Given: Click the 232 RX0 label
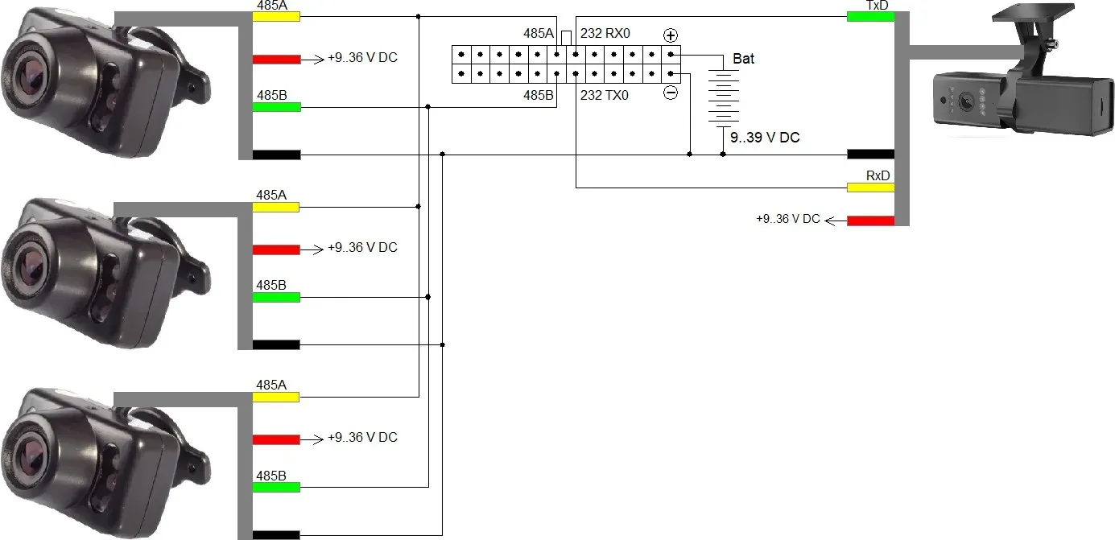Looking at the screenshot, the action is coord(605,33).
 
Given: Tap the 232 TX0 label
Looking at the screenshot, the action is coord(605,95).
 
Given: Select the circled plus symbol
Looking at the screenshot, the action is coord(671,35).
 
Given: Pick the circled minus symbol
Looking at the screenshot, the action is coord(671,93).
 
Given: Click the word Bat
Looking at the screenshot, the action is coord(743,59).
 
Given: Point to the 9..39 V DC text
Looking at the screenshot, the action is coord(765,138).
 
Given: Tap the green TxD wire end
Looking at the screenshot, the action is coord(870,16).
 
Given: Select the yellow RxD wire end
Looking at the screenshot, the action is coord(870,188).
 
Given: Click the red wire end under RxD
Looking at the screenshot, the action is coord(870,221).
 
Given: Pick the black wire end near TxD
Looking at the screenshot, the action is coord(870,155).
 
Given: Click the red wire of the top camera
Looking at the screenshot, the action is coord(276,60).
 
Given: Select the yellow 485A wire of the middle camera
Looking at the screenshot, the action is coord(276,207).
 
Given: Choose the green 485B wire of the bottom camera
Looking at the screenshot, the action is coord(276,487).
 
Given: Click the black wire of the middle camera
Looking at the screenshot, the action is coord(276,344).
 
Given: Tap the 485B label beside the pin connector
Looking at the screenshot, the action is coord(538,95).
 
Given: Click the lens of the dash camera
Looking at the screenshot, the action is coord(966,102).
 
